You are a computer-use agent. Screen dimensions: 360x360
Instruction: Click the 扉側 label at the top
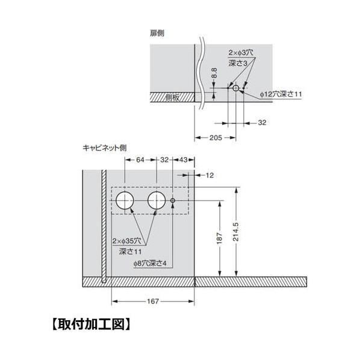[x=157, y=33]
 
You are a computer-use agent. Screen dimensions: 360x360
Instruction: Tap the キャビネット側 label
[x=105, y=147]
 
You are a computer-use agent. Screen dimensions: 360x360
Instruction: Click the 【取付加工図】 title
[x=92, y=324]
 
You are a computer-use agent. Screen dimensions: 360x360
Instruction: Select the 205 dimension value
[x=216, y=138]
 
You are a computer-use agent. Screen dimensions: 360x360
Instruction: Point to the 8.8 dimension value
[x=214, y=73]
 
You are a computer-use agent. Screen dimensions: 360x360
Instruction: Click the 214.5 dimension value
[x=236, y=231]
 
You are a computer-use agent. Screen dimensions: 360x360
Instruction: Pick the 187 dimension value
[x=220, y=238]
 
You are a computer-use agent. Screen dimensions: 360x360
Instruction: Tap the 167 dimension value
[x=153, y=301]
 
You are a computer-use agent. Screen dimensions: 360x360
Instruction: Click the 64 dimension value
[x=140, y=160]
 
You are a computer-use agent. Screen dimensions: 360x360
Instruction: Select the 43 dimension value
[x=183, y=160]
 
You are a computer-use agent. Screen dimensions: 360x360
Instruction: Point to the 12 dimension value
[x=209, y=175]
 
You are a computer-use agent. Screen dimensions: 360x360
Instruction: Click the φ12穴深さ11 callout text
[x=281, y=94]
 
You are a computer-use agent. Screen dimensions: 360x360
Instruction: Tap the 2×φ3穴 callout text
[x=240, y=52]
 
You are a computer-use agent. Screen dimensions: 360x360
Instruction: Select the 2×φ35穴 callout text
[x=126, y=241]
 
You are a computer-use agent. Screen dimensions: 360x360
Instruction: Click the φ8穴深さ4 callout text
[x=150, y=263]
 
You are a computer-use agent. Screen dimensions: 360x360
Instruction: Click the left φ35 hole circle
[x=116, y=200]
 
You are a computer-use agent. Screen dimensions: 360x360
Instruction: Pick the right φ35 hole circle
[x=147, y=200]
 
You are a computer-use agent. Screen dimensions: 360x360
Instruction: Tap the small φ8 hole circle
[x=170, y=200]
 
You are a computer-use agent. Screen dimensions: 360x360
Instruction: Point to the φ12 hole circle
[x=233, y=88]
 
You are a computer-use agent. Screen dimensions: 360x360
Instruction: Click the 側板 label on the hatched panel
[x=172, y=98]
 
